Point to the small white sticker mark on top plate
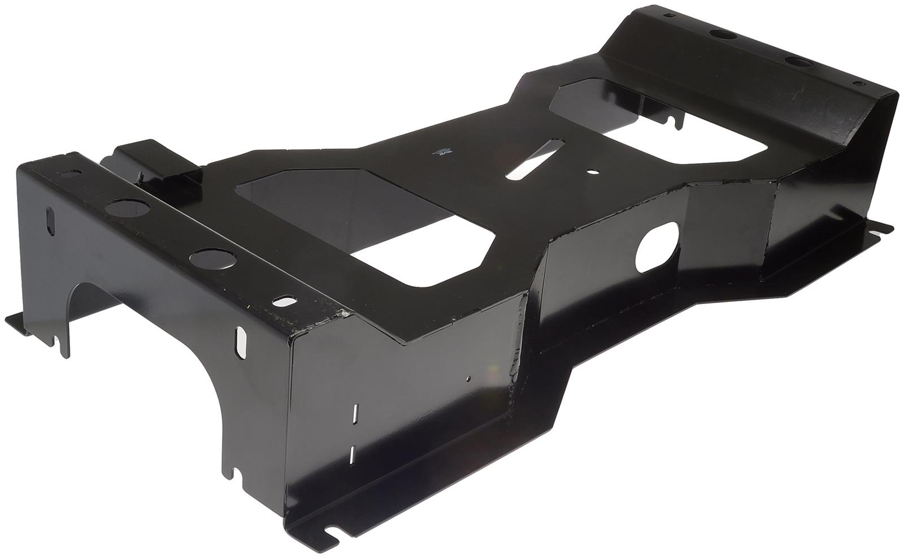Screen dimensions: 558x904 point(440,152)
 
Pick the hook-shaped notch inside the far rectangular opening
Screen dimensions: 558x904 point(675,120)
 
